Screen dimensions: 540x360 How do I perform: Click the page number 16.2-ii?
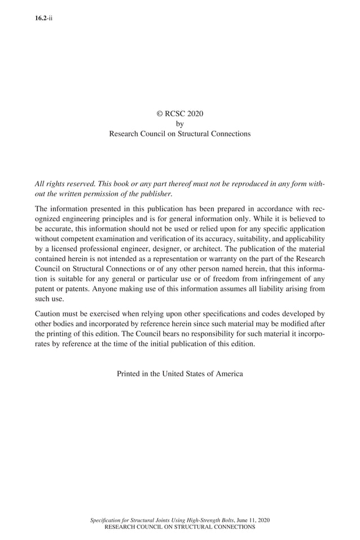coord(43,18)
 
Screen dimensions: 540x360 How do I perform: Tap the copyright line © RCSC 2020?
coord(179,113)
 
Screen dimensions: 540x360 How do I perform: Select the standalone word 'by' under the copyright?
coord(179,124)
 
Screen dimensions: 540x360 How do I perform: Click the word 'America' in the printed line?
coord(228,374)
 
